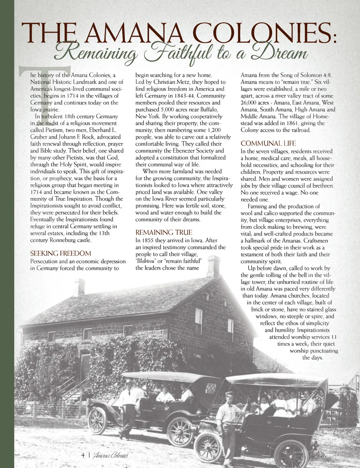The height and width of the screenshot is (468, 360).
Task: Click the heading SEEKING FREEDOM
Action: coord(60,253)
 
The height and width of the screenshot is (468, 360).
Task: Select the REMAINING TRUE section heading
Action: coord(163,232)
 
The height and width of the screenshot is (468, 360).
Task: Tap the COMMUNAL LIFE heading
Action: coord(268,144)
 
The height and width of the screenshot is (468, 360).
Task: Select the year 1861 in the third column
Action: coord(298,123)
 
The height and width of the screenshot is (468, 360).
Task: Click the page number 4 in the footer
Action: coord(83,456)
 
